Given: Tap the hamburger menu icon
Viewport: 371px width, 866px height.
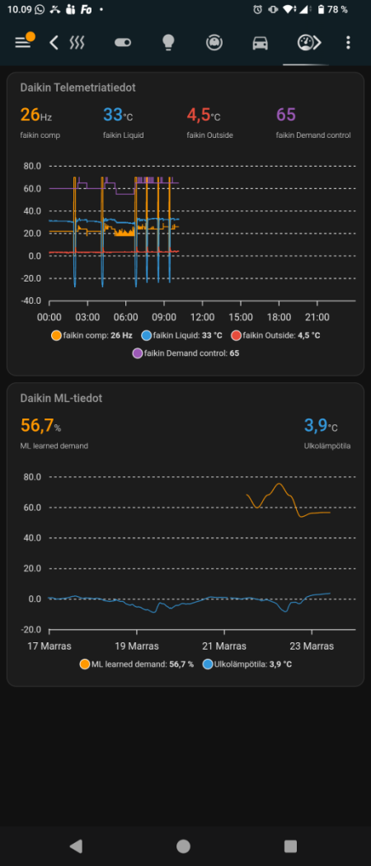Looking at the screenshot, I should pyautogui.click(x=23, y=42).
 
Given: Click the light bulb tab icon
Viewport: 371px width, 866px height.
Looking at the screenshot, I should pyautogui.click(x=168, y=42).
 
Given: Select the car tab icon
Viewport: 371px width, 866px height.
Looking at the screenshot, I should pyautogui.click(x=260, y=42).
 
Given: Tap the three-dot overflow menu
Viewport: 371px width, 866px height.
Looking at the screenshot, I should pyautogui.click(x=349, y=42).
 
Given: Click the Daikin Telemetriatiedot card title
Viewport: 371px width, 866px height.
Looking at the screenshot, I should pyautogui.click(x=78, y=87).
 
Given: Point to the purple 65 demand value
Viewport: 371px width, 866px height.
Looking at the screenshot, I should pyautogui.click(x=286, y=115).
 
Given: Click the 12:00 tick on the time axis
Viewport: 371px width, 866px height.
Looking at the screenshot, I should pyautogui.click(x=202, y=317).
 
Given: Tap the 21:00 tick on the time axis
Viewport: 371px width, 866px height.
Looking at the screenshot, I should pyautogui.click(x=317, y=317).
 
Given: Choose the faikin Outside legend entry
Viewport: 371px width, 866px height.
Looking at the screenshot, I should pyautogui.click(x=275, y=335).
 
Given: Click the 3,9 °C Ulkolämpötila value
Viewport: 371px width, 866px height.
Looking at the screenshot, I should pyautogui.click(x=321, y=425).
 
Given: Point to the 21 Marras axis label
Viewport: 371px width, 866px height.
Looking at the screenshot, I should pyautogui.click(x=224, y=646).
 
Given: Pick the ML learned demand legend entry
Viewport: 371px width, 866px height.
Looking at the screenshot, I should pyautogui.click(x=137, y=664).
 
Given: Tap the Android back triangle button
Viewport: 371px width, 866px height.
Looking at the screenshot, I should pyautogui.click(x=76, y=845).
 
